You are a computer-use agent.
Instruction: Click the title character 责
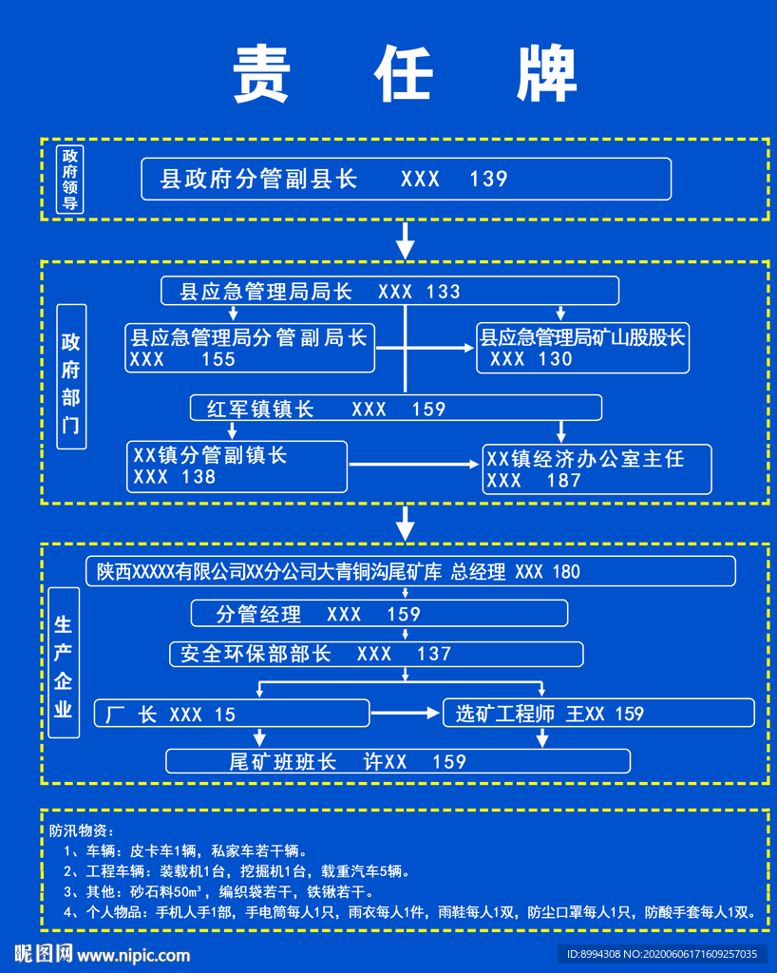[x=261, y=73]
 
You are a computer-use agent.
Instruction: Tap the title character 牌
[x=547, y=73]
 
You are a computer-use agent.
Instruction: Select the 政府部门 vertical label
[x=71, y=376]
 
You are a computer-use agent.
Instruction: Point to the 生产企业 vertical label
[x=64, y=665]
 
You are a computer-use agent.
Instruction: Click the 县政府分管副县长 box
[x=406, y=179]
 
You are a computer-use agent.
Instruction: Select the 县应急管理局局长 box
[x=389, y=291]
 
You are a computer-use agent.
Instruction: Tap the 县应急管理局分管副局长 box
[x=250, y=348]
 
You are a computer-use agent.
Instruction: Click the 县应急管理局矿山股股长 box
[x=582, y=348]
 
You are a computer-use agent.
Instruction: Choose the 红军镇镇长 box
[x=395, y=408]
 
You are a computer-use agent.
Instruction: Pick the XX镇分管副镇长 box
[x=237, y=466]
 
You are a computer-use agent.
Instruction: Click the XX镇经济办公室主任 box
[x=597, y=468]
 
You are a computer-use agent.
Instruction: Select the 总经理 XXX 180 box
[x=410, y=571]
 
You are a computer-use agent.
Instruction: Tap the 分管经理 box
[x=379, y=613]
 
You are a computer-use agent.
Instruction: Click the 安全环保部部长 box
[x=376, y=654]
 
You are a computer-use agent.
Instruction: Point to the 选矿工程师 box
[x=598, y=713]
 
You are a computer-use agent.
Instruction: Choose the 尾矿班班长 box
[x=397, y=761]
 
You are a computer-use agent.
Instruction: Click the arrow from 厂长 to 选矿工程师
[x=406, y=713]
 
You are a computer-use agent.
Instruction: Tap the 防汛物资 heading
[x=82, y=830]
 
